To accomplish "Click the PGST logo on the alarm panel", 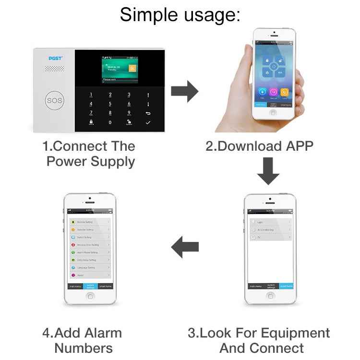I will (x=56, y=59).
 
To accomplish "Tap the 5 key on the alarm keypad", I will (x=110, y=104).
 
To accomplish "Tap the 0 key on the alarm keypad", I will (x=110, y=122).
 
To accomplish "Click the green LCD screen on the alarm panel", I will (x=120, y=70).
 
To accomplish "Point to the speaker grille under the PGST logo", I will (x=54, y=69).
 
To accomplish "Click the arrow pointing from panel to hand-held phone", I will (x=184, y=91).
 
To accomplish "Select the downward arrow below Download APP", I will (x=268, y=172).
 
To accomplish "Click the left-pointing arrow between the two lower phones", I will (x=185, y=247).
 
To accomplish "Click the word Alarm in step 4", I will (x=103, y=333).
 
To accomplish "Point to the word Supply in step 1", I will (x=109, y=161).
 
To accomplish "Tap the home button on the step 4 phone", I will (x=90, y=296).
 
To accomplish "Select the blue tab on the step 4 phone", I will (x=90, y=286).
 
